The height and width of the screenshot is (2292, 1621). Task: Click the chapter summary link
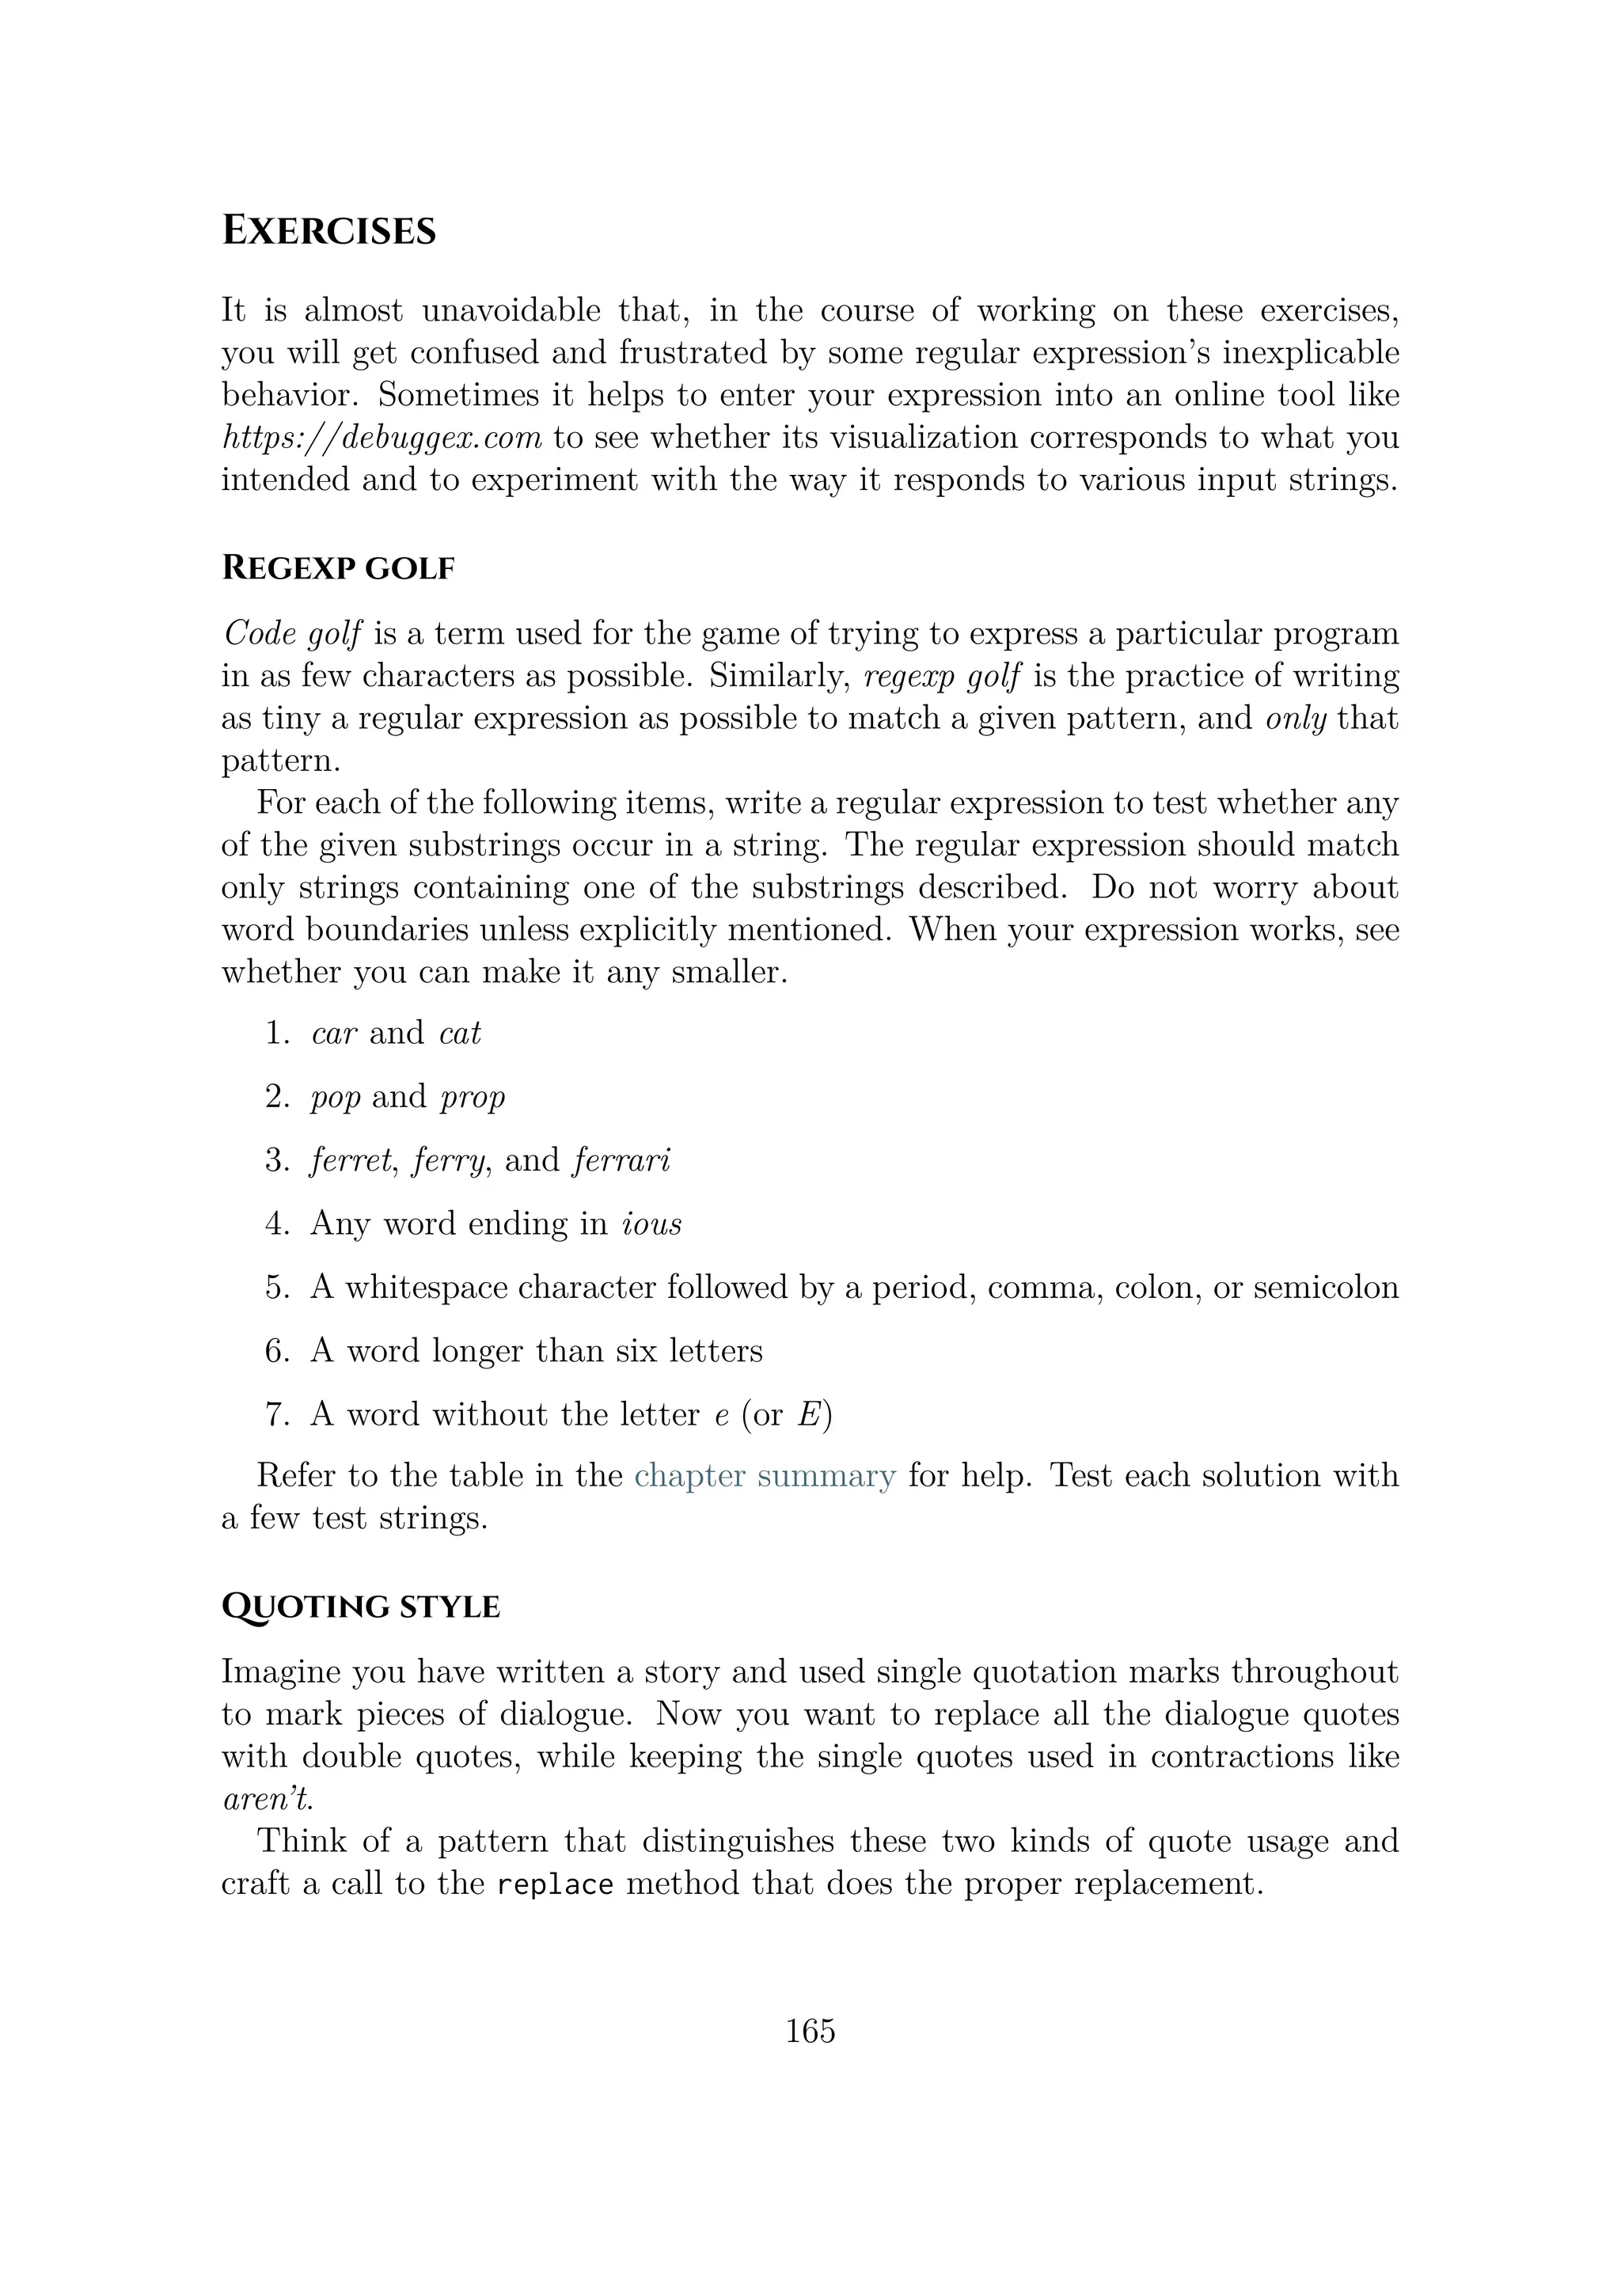click(x=765, y=1475)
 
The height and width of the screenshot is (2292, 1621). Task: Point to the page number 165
click(x=810, y=2032)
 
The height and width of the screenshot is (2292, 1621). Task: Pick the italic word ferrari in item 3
click(x=621, y=1160)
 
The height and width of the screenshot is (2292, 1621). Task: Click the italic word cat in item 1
click(x=459, y=1033)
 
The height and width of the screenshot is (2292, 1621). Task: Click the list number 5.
click(x=276, y=1288)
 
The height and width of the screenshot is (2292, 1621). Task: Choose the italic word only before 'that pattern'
click(x=1296, y=719)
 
